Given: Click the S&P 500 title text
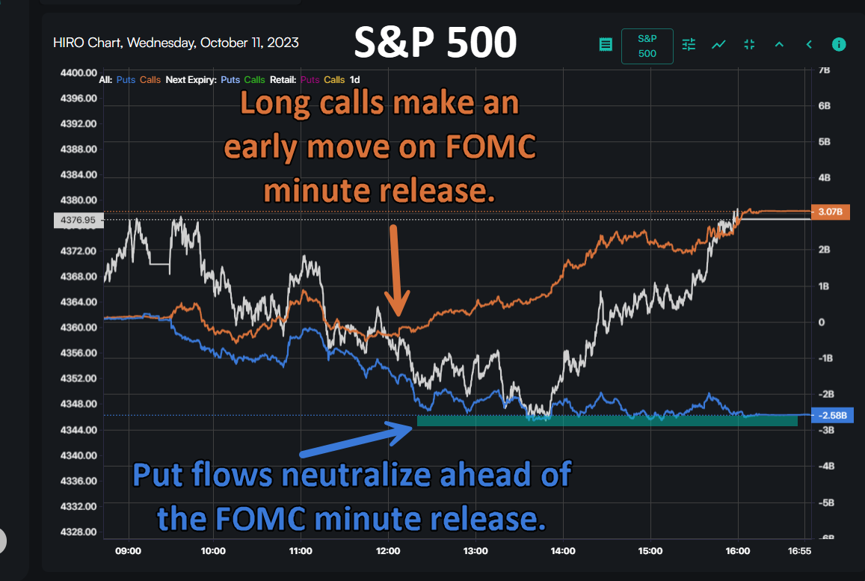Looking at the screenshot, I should tap(434, 43).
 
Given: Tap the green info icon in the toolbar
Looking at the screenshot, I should tap(839, 44).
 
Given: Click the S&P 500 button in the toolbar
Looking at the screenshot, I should tap(647, 46).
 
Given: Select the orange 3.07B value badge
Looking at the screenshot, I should tap(831, 212).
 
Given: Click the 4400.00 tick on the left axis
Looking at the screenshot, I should tap(79, 73).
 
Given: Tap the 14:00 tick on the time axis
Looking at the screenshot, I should tap(563, 551).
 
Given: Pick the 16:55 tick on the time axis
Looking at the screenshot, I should tap(799, 551).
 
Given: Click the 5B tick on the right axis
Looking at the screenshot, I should tap(825, 141).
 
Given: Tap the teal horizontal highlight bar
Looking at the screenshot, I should tap(606, 421).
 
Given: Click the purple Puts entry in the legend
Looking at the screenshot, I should tap(311, 79).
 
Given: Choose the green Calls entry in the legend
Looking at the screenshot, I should tap(254, 79).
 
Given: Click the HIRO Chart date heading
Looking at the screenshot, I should tap(176, 43).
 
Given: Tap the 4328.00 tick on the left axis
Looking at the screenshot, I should tap(79, 532).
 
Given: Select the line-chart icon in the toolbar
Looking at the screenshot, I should tap(718, 44).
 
